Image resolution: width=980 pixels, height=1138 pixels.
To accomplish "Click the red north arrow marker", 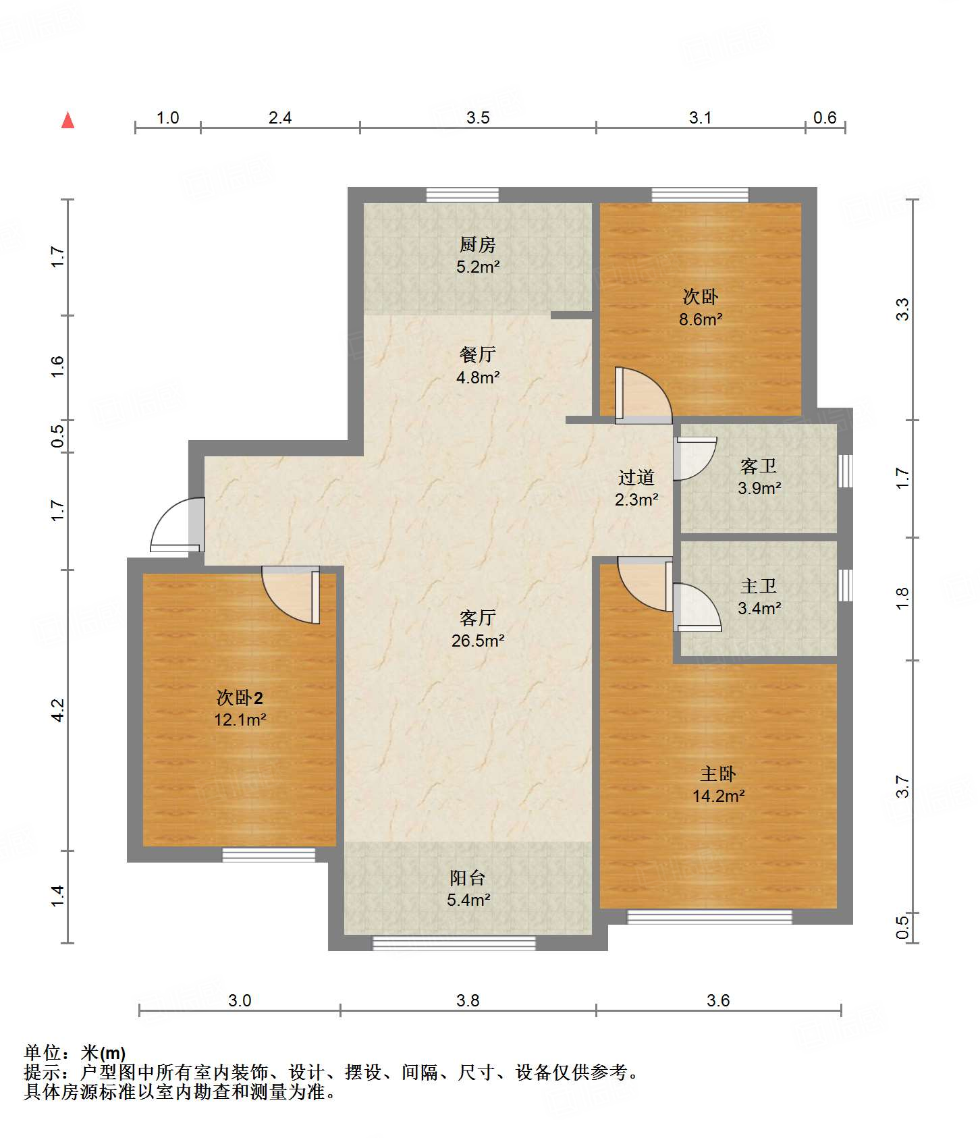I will click(67, 121).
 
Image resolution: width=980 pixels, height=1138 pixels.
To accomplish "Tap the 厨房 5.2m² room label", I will click(478, 255).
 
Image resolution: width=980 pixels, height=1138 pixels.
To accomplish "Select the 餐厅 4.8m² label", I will click(478, 365).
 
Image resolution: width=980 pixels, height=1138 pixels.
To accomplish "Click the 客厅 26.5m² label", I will click(478, 629).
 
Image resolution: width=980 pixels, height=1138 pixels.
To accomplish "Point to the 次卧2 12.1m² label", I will click(240, 708).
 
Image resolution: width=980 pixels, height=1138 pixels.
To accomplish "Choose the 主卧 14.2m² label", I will click(718, 784).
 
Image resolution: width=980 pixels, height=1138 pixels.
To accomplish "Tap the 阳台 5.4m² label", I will click(468, 888).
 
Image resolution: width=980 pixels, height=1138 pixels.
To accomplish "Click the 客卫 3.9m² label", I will click(759, 477).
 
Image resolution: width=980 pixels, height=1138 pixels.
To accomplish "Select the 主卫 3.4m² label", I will click(759, 597).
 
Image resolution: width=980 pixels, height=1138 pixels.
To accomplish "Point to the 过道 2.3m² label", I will click(636, 488).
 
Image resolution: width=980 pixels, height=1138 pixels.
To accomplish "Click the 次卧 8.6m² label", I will click(701, 308).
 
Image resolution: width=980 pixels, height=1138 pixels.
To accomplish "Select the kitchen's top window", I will click(462, 195).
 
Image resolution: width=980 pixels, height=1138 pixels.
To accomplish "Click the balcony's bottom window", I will click(454, 943).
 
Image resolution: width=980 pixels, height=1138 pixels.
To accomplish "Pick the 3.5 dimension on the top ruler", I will click(478, 118).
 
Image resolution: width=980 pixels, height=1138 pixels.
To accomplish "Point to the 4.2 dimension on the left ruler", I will click(58, 710).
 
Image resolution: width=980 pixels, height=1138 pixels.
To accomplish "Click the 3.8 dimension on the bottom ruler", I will click(468, 1000).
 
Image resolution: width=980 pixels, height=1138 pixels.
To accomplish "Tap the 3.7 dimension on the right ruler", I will click(902, 787).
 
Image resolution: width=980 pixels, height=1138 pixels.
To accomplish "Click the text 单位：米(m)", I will click(75, 1052).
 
